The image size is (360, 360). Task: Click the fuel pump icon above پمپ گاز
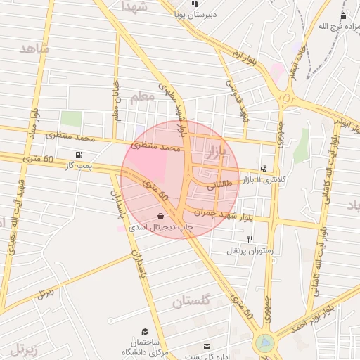[x=78, y=155]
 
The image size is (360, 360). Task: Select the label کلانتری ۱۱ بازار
[x=276, y=180]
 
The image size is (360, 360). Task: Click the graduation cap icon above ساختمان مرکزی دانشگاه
[x=145, y=331]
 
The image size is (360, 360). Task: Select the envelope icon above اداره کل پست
[x=207, y=347]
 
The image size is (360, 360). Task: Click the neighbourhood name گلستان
[x=192, y=302]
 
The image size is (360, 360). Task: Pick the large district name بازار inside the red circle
[x=215, y=152]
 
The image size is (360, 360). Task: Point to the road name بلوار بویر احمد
[x=326, y=316]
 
